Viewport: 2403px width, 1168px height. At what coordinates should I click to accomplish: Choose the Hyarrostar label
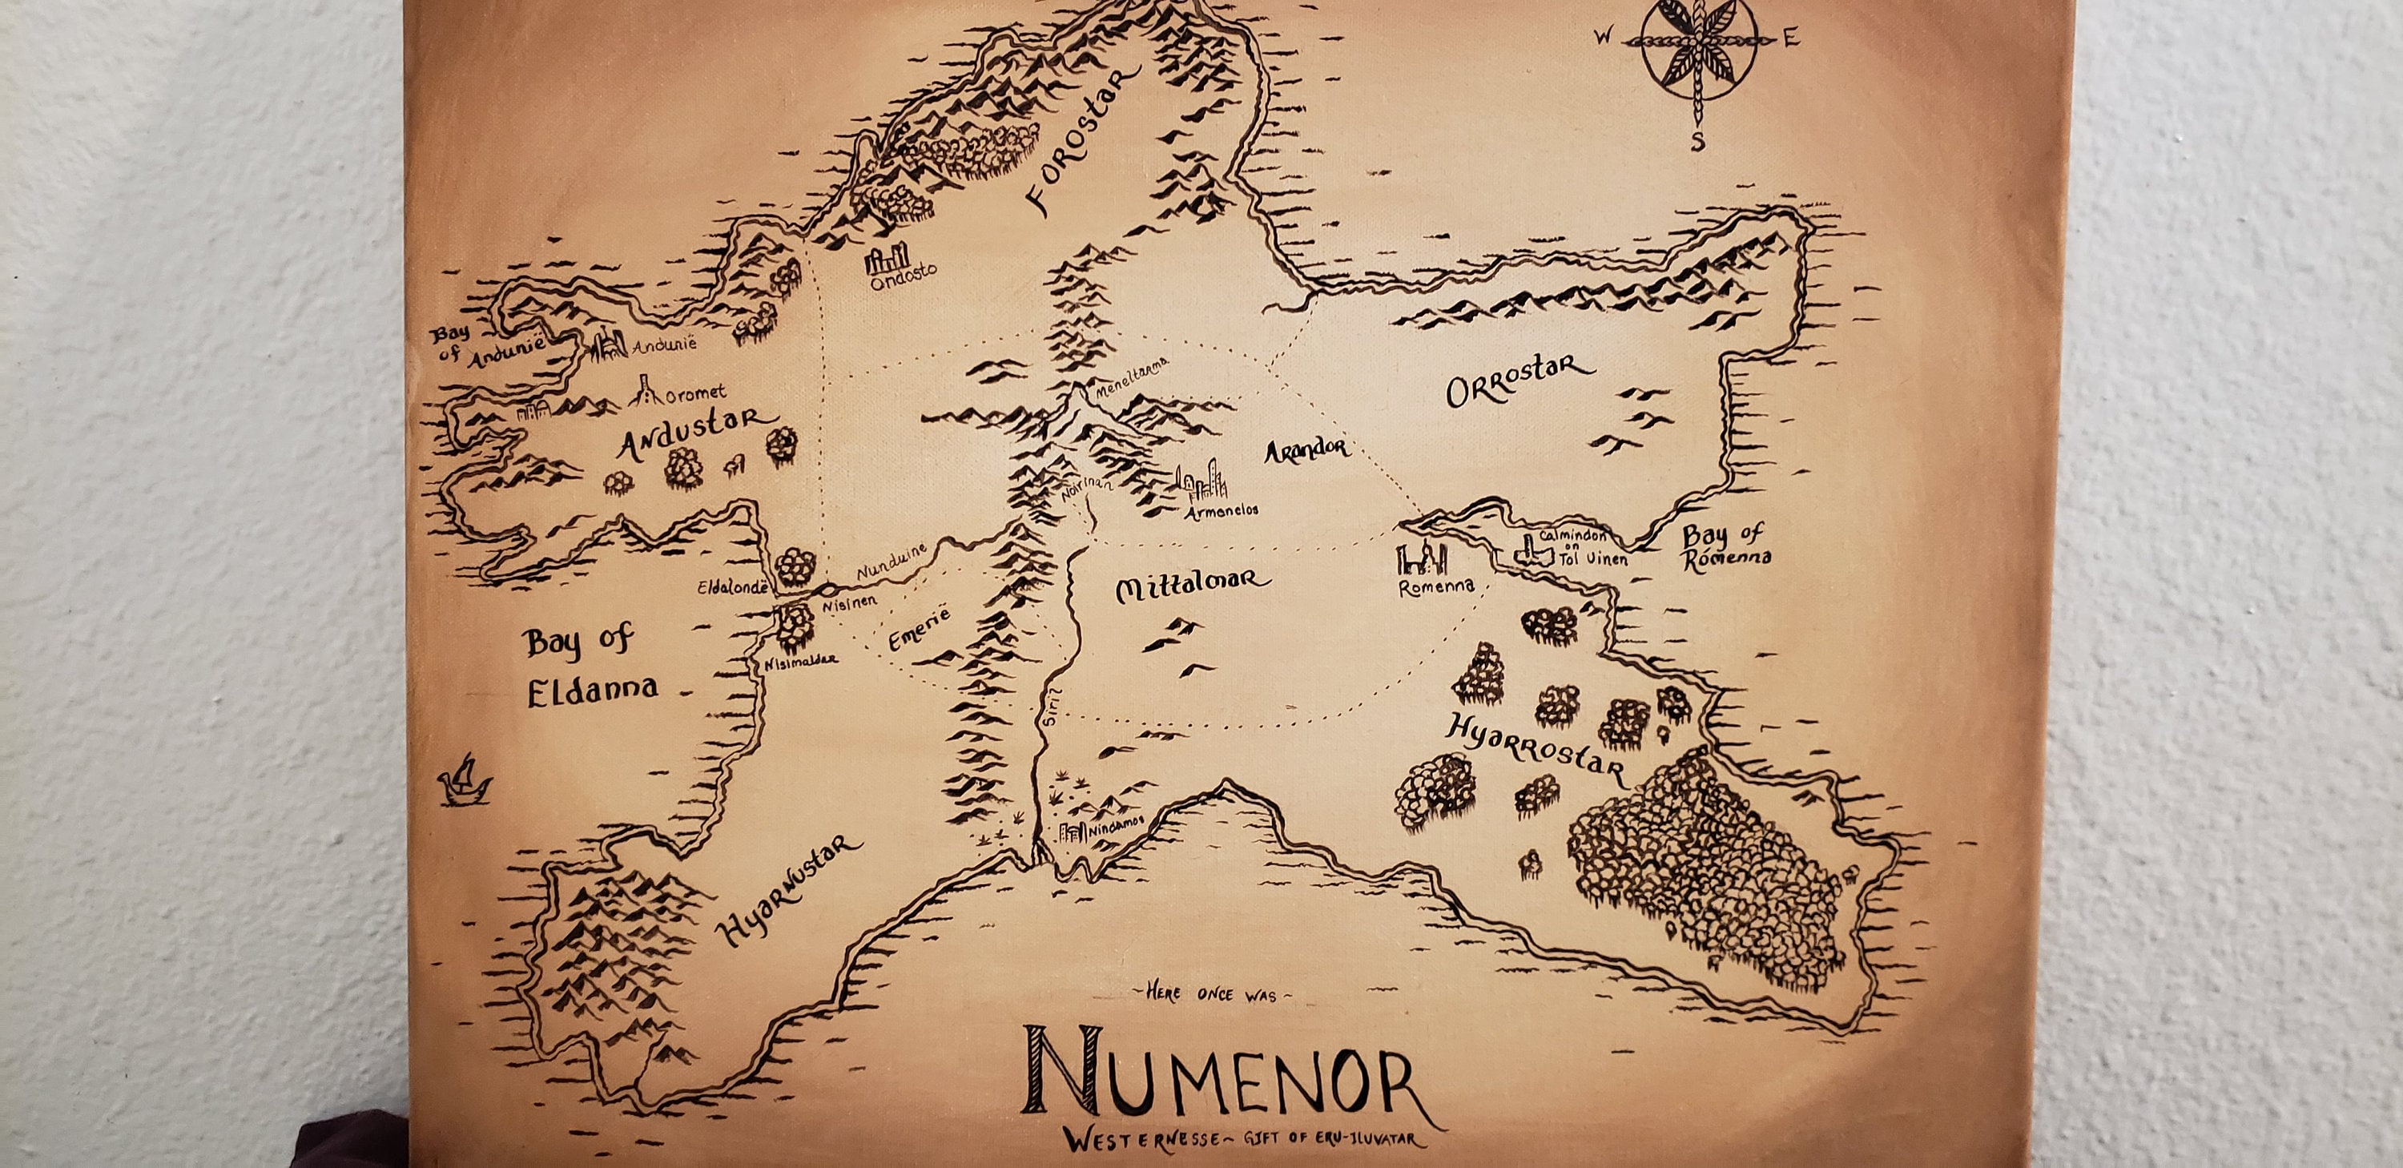click(x=1535, y=749)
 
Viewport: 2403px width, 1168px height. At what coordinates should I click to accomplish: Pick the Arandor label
click(x=1306, y=449)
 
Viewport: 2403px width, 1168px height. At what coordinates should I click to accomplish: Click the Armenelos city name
click(x=1222, y=510)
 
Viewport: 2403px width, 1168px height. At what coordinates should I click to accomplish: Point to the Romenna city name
click(x=1436, y=586)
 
